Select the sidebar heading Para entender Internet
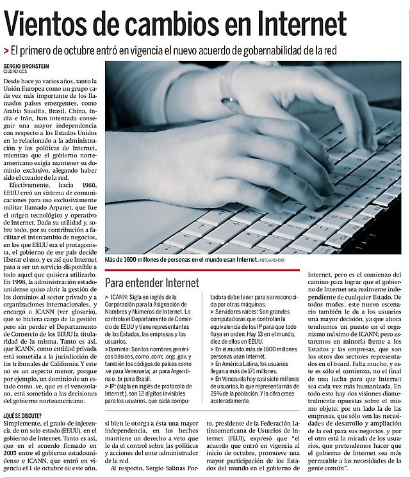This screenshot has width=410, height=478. point(152,282)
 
